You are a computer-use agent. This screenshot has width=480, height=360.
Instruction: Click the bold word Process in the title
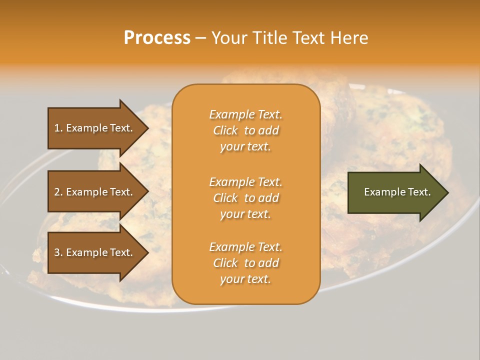[x=157, y=38]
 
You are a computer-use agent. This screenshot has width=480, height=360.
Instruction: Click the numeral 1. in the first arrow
[x=58, y=128]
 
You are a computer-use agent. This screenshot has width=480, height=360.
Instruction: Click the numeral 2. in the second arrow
[x=58, y=192]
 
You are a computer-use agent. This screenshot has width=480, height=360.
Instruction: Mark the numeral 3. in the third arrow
[x=58, y=252]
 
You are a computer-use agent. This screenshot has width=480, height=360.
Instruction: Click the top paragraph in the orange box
[x=245, y=130]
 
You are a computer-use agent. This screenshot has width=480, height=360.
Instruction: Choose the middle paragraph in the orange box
[x=245, y=198]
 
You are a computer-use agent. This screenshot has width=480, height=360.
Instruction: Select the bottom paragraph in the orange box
[x=245, y=263]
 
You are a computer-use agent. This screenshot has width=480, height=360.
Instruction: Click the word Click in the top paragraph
[x=225, y=130]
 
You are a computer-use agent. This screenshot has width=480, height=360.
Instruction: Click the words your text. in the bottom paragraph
[x=245, y=279]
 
